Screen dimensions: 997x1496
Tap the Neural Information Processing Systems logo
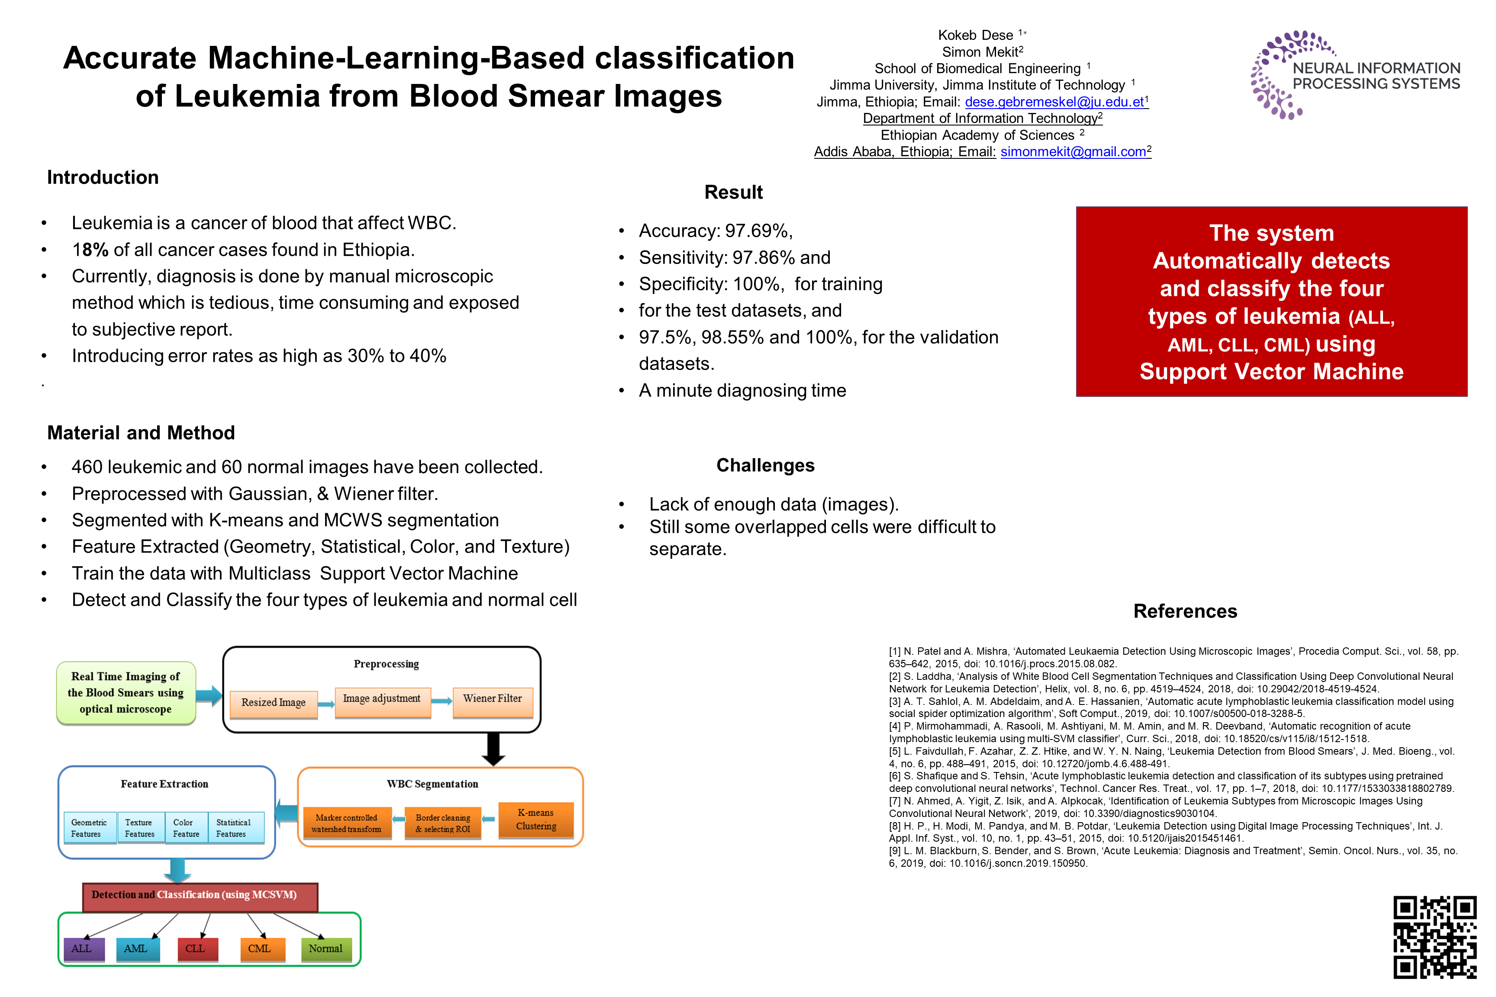1355,75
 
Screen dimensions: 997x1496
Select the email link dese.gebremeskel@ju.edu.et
1054,102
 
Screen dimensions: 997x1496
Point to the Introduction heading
103,177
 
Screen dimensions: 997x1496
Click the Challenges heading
765,466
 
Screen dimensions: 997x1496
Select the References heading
1185,611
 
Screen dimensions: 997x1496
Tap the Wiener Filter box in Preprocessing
492,699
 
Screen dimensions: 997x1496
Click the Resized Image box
274,703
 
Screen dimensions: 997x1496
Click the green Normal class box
325,949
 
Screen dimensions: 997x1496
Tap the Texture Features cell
140,828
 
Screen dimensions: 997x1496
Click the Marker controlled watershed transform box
347,823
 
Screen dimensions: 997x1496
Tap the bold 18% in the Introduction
90,250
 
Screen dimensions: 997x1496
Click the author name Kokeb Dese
975,35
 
